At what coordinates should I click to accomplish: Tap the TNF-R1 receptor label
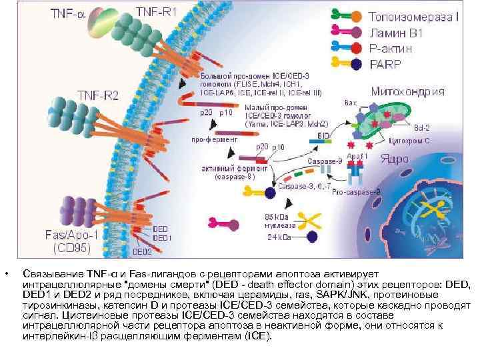tap(157, 13)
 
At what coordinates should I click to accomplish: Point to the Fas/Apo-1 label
tap(71, 235)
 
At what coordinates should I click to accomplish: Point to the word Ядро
tap(394, 159)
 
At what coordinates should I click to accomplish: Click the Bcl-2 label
tap(421, 127)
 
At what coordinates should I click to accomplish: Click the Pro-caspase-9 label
tap(357, 191)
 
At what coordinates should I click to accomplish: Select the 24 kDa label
tap(278, 237)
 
